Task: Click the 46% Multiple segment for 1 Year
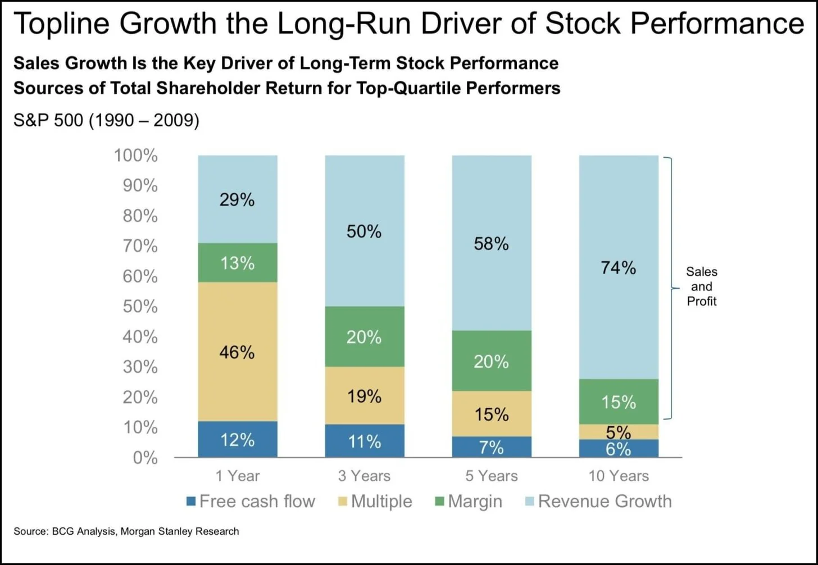(x=237, y=352)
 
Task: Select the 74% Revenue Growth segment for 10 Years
(x=618, y=267)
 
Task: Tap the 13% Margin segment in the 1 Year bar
(x=237, y=262)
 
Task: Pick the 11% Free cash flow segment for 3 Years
(x=364, y=441)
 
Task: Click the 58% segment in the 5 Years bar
(x=491, y=243)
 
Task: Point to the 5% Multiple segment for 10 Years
(x=618, y=432)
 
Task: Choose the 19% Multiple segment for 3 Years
(x=364, y=396)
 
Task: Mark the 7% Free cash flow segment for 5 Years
(x=491, y=447)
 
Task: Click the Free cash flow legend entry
(x=251, y=501)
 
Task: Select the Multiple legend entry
(x=375, y=501)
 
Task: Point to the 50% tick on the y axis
(x=140, y=306)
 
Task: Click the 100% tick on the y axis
(x=136, y=156)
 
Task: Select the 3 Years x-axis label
(x=364, y=476)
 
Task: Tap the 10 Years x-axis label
(x=618, y=476)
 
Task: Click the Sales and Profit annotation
(x=701, y=286)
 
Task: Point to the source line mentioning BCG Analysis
(x=126, y=531)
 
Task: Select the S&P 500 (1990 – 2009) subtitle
(x=106, y=120)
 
